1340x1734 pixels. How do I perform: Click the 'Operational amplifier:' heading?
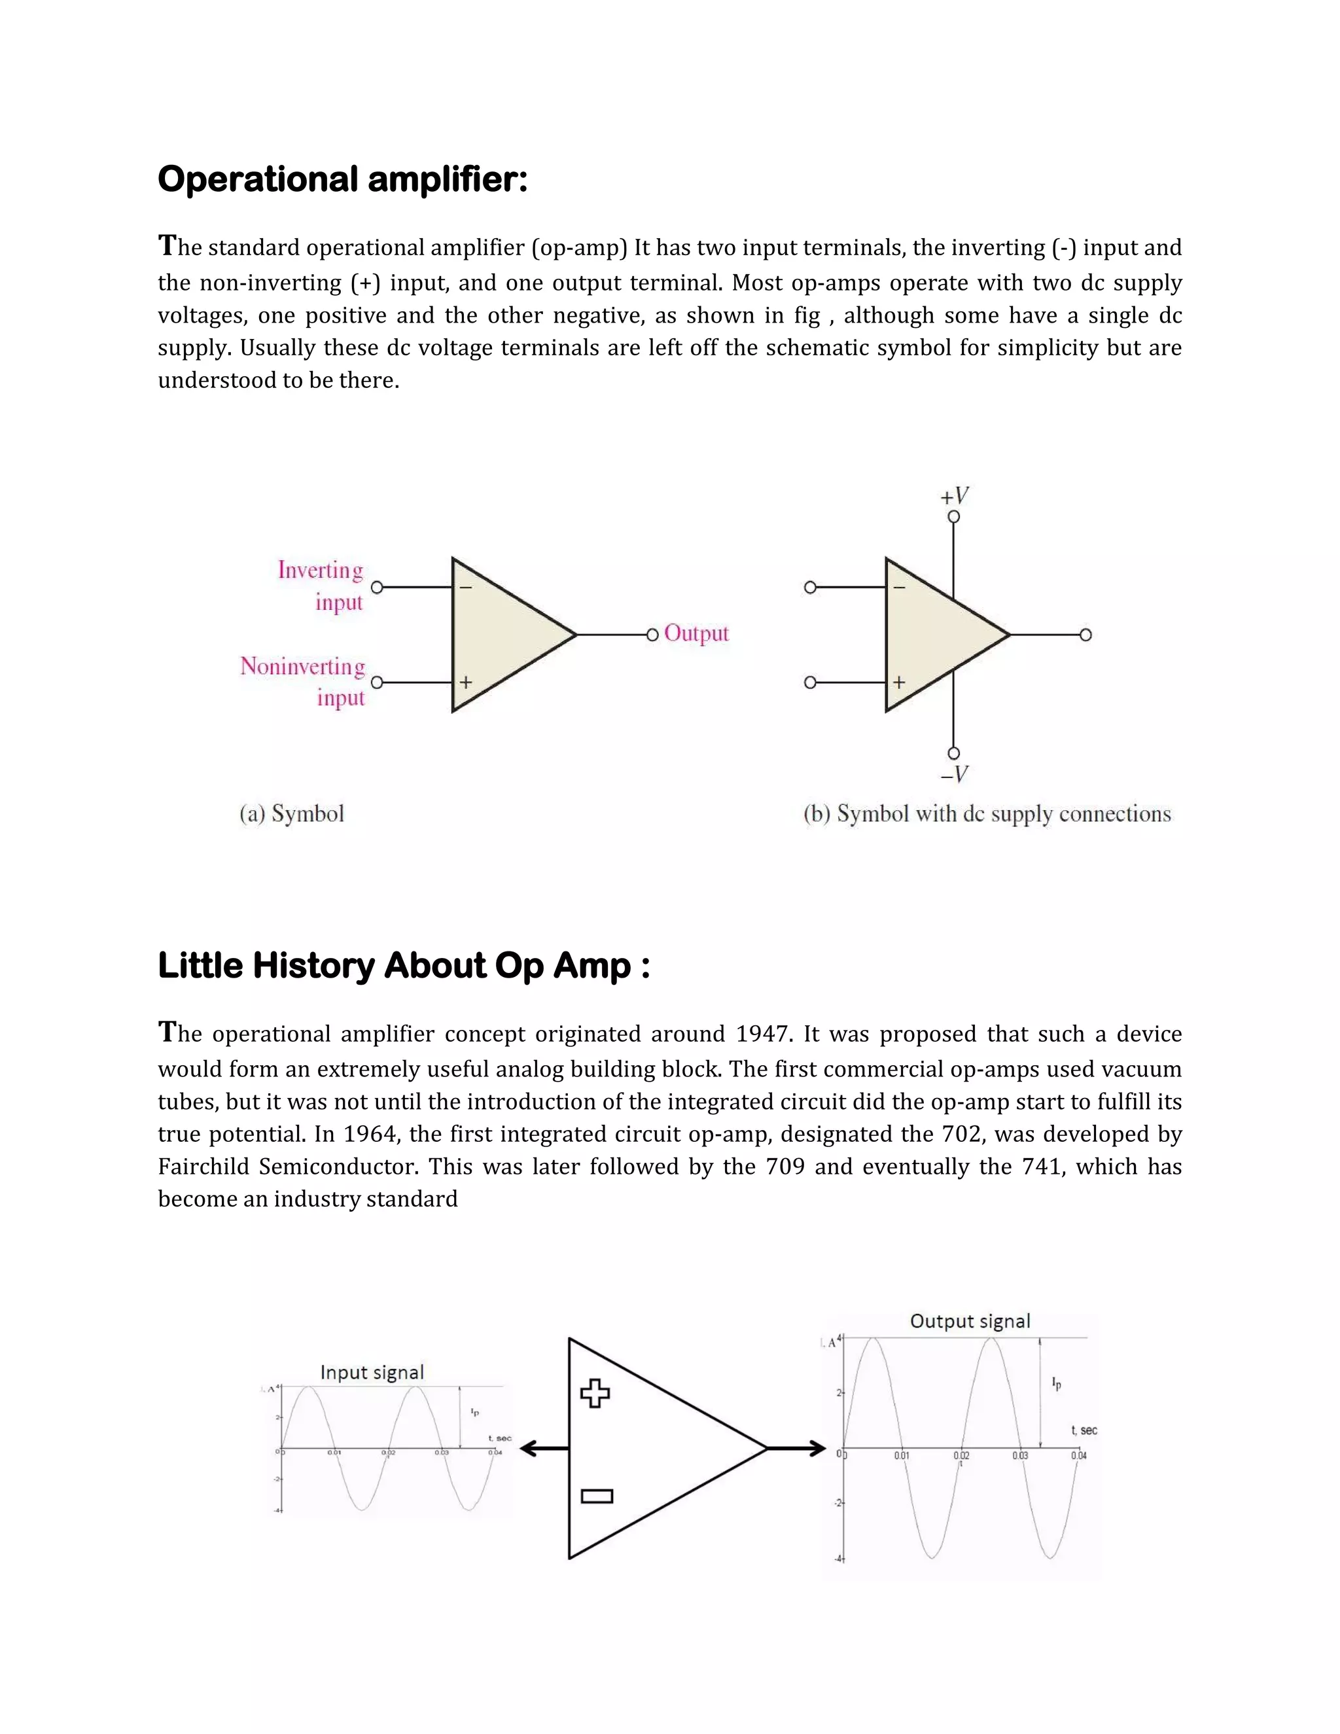click(342, 179)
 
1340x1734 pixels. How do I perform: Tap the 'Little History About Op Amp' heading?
click(403, 966)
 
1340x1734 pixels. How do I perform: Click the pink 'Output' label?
click(696, 633)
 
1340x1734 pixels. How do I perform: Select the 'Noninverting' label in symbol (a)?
click(303, 666)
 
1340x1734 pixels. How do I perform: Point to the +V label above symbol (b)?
click(954, 496)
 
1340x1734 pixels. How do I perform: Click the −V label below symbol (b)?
click(954, 774)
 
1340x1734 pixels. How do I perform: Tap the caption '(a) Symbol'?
click(292, 814)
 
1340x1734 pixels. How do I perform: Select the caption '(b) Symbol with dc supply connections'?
click(987, 814)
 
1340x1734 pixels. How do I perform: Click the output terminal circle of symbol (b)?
click(1086, 634)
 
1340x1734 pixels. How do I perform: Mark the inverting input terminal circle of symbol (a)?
click(377, 588)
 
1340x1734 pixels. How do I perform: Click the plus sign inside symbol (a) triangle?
click(466, 682)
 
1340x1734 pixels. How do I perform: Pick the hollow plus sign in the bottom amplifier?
click(595, 1393)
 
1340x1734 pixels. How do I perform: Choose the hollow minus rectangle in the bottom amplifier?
click(597, 1496)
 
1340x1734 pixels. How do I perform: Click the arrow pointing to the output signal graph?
click(797, 1449)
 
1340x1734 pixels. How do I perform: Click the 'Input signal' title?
click(372, 1372)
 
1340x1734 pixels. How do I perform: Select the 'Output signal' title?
click(970, 1321)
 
